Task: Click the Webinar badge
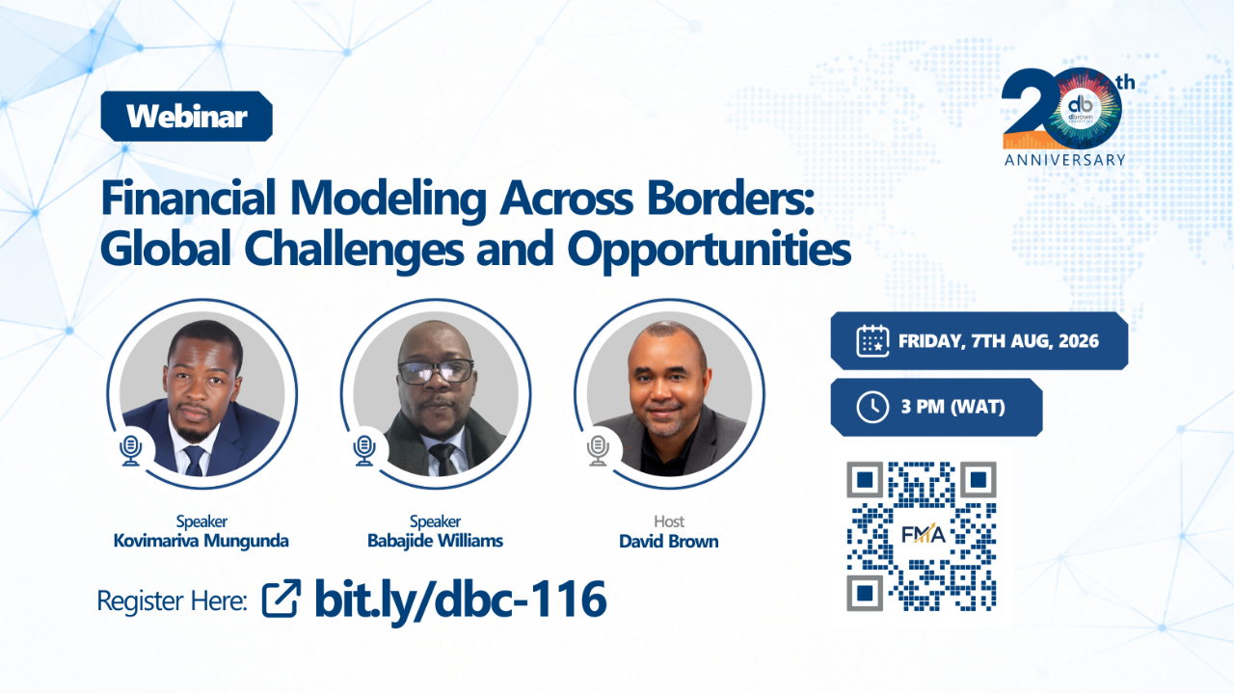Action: [x=186, y=117]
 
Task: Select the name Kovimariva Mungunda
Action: [x=201, y=541]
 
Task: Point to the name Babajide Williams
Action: [x=435, y=541]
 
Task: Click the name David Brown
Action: [x=669, y=541]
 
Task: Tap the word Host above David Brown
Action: [x=669, y=521]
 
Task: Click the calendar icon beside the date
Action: [x=872, y=341]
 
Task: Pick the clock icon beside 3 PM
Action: [x=872, y=407]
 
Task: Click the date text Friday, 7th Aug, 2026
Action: [x=998, y=341]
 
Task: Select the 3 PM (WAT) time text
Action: [x=953, y=407]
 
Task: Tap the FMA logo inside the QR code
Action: [x=924, y=534]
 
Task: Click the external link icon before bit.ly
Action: [x=282, y=599]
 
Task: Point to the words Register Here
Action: [x=172, y=601]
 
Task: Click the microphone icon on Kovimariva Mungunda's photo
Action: [x=131, y=450]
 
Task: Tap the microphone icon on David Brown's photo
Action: [x=599, y=450]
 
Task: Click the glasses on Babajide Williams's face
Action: [x=436, y=371]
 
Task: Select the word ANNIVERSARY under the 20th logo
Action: [x=1065, y=160]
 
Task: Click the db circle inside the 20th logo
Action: [x=1081, y=108]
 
